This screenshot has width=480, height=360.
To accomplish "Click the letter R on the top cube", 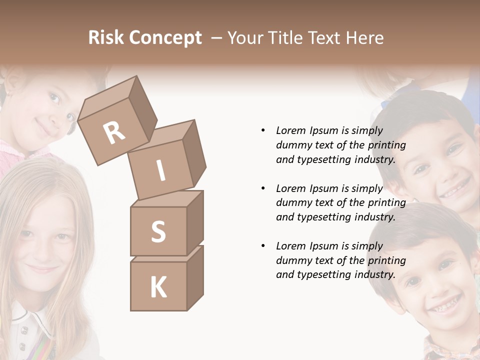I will [x=114, y=132].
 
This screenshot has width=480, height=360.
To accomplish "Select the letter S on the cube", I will [x=158, y=231].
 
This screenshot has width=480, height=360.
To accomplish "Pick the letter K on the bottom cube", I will [x=158, y=287].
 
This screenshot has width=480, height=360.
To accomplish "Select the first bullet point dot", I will [x=263, y=131].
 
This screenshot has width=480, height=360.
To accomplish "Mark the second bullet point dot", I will [x=263, y=189].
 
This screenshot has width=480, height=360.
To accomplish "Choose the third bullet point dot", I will [x=263, y=246].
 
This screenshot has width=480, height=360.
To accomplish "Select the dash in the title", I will [x=216, y=38].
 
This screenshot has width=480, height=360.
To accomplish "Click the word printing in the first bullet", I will [x=386, y=145].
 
